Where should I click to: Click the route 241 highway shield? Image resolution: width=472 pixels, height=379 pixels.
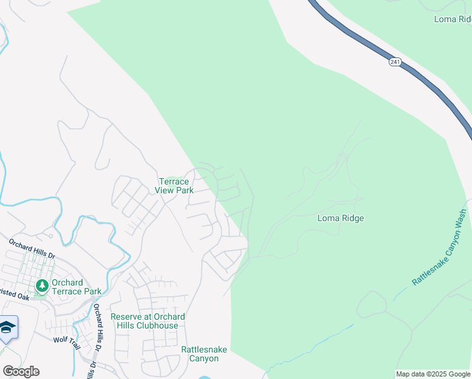pos(395,62)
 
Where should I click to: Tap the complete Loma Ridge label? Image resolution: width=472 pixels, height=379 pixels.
pos(340,219)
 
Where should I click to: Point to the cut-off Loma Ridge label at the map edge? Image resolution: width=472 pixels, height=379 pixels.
pos(452,20)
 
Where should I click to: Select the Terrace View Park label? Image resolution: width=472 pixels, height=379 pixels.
pos(173,186)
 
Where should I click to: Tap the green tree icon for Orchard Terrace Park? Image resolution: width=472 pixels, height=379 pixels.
pos(42,286)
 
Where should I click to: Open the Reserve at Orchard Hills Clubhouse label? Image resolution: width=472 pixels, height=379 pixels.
pos(148,321)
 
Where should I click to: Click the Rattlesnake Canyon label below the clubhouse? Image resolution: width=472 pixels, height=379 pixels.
pos(199,354)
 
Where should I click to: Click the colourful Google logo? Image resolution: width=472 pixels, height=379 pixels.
pos(21,371)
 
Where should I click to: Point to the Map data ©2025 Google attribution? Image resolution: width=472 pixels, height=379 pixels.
pos(433,374)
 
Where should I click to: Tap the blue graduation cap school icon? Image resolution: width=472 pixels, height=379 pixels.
pos(7,327)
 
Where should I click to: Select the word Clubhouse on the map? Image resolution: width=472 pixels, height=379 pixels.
pos(158,325)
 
